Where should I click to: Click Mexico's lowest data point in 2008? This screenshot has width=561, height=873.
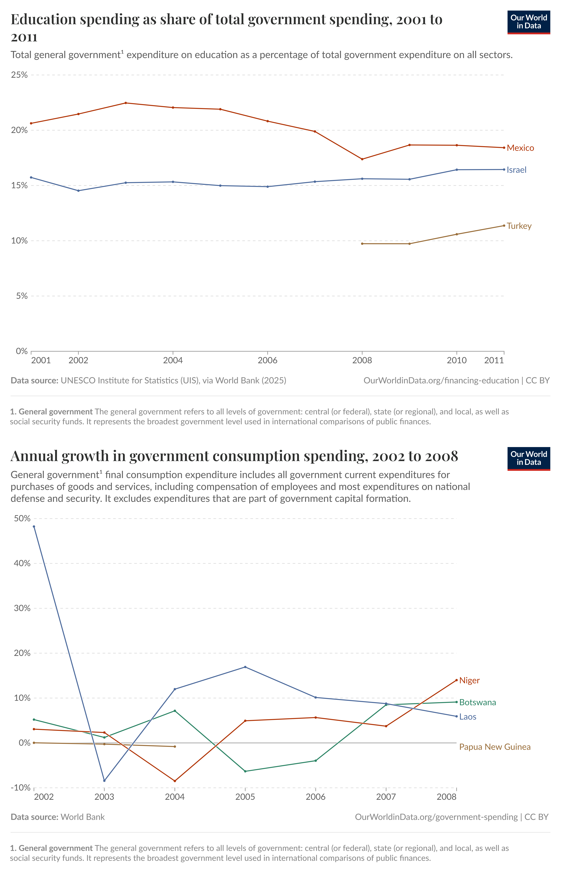(362, 159)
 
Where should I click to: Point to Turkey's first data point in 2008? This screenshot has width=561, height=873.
(362, 244)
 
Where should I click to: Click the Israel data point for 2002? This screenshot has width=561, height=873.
(78, 191)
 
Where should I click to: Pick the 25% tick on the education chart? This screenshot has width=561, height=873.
(19, 75)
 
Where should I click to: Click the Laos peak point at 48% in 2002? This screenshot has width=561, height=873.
(34, 526)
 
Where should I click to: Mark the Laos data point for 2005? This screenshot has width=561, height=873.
(245, 667)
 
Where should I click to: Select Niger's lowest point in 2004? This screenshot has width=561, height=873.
(175, 781)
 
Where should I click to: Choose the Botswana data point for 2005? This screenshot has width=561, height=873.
(245, 771)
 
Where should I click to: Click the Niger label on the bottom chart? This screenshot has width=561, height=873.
(469, 680)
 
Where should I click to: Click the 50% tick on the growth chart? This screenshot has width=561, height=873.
(22, 518)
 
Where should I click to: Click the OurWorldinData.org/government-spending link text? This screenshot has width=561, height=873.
(436, 817)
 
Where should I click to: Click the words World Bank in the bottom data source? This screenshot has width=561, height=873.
(83, 817)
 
